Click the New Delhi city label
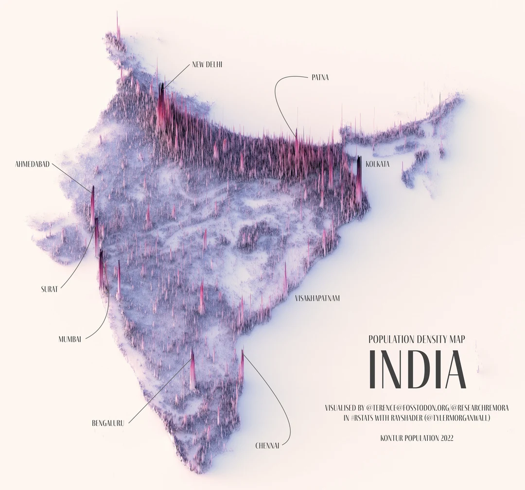point(207,64)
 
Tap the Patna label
point(320,77)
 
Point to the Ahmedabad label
point(33,164)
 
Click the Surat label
point(50,289)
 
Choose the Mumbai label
point(70,339)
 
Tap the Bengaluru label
point(108,423)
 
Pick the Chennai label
point(267,445)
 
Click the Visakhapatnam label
point(317,298)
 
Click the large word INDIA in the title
point(417,369)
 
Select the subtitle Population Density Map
point(417,339)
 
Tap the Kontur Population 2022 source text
point(417,438)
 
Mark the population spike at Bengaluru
point(192,369)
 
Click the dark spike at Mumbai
point(102,270)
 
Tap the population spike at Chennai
point(242,367)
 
